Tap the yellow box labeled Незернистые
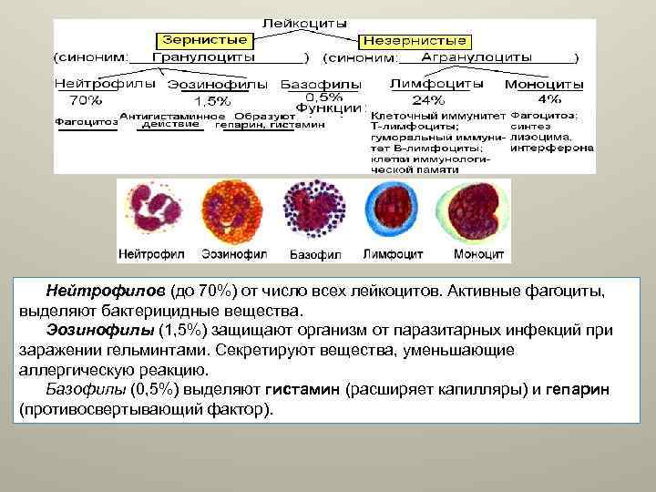(x=415, y=41)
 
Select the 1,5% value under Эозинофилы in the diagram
(x=212, y=99)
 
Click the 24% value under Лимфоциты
(x=429, y=99)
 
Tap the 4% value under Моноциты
(x=549, y=98)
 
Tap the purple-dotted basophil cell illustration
(x=313, y=211)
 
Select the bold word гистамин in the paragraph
(x=304, y=390)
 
